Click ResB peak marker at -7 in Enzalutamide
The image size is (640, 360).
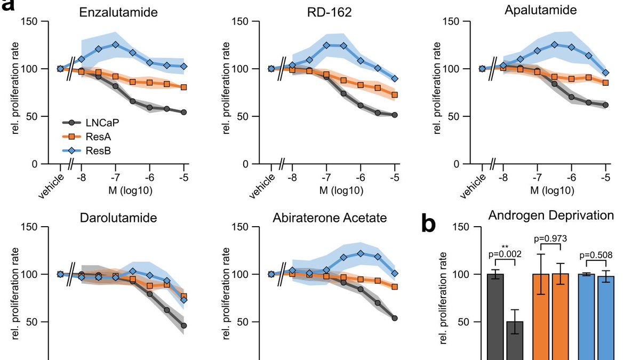pos(115,45)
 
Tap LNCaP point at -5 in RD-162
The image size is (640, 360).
pos(395,115)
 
